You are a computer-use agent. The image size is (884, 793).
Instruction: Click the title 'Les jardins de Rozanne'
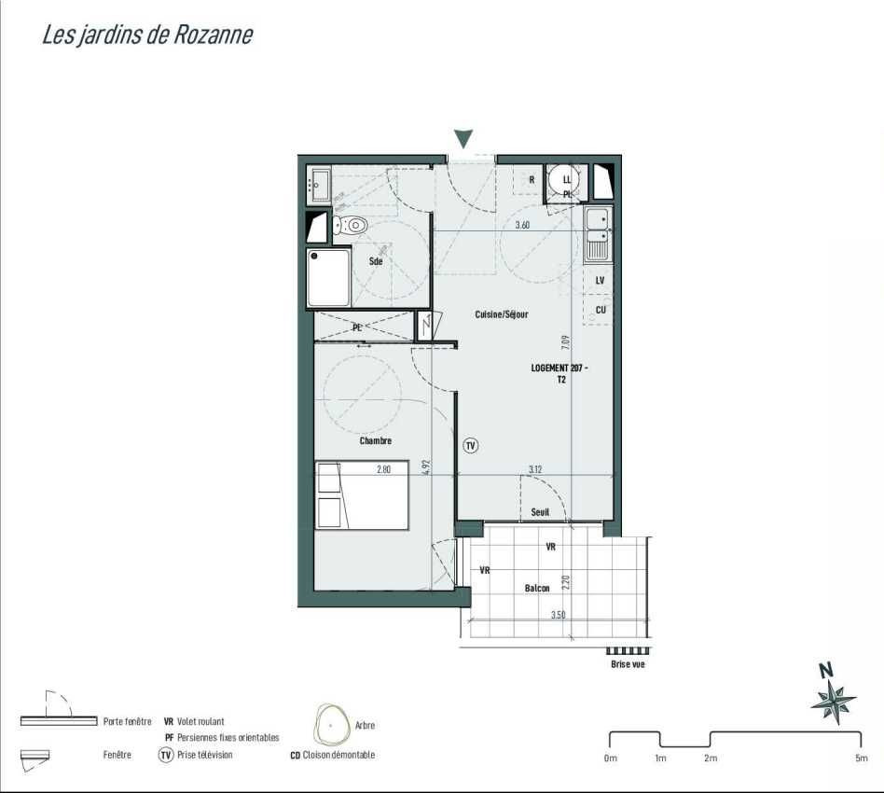[147, 35]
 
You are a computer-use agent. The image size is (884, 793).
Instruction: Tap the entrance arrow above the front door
[463, 139]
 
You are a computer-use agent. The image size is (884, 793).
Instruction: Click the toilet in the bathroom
[350, 225]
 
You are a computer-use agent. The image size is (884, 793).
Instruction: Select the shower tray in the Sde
[328, 278]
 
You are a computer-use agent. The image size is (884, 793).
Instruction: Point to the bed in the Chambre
[362, 495]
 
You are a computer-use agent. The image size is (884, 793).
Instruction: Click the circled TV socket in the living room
[471, 446]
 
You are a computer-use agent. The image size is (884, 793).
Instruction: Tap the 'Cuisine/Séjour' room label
[502, 314]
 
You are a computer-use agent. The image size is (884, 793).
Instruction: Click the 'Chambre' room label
[376, 440]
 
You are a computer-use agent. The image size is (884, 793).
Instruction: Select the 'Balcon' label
[537, 589]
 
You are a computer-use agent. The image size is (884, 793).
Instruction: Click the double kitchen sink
[598, 234]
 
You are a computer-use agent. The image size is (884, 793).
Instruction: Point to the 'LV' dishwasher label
[600, 280]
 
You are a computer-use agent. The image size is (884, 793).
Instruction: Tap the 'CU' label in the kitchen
[601, 310]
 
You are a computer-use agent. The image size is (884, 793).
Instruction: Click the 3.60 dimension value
[522, 225]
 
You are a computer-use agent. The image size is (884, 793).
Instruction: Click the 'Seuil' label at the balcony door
[540, 512]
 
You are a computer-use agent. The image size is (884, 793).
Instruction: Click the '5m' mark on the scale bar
[862, 758]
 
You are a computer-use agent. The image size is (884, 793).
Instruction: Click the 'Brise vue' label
[628, 664]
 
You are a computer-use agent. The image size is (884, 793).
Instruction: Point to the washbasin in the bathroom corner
[320, 183]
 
